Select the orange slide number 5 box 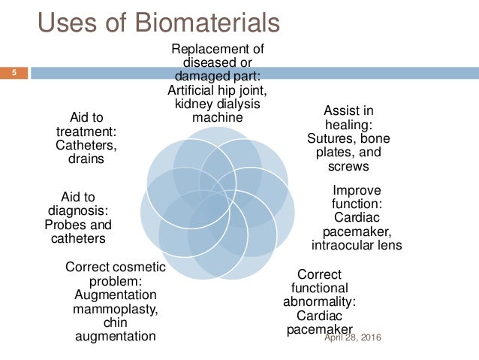click(14, 73)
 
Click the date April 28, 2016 click(352, 337)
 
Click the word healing click(348, 125)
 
